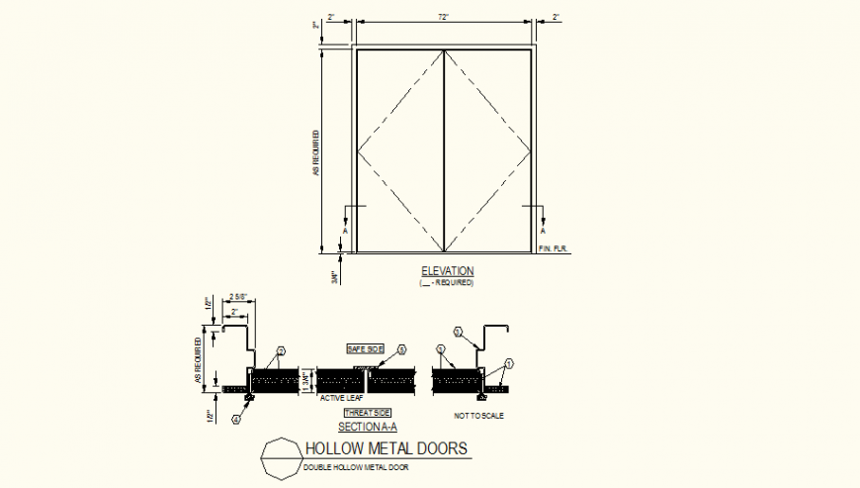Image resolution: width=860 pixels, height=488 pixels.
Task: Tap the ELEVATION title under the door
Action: pos(447,271)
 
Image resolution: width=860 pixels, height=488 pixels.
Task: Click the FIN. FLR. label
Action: pos(551,247)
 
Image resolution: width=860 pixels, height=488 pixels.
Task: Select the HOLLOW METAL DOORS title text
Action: pos(387,448)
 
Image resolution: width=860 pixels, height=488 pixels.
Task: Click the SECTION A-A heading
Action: pos(368,427)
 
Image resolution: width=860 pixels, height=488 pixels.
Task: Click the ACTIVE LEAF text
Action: pos(341,398)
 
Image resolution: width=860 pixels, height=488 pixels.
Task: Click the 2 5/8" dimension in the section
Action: pos(238,295)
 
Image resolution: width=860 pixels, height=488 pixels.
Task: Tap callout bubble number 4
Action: pos(237,420)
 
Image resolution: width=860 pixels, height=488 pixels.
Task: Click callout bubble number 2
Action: pos(281,350)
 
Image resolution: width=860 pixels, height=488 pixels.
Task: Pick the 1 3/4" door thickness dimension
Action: pos(308,379)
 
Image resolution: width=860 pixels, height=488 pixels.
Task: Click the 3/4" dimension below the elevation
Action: pos(336,278)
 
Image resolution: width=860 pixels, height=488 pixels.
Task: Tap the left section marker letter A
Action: pos(345,231)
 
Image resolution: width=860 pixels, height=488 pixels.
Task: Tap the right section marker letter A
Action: pos(543,231)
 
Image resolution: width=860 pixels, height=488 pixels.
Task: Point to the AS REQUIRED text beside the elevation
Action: pos(316,153)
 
